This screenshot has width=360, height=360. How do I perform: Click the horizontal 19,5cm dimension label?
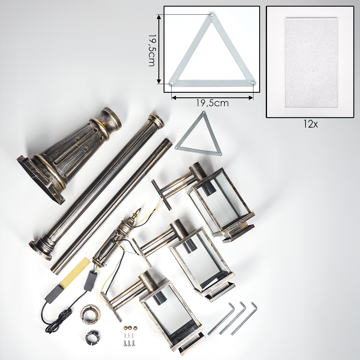(x=212, y=103)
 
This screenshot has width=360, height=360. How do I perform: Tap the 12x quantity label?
(x=310, y=124)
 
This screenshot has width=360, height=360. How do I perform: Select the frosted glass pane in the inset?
(x=311, y=62)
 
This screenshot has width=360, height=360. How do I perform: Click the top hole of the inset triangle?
(x=212, y=15)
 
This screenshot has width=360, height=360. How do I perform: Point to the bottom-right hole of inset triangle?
(x=253, y=83)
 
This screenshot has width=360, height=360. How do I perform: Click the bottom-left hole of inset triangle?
(x=171, y=84)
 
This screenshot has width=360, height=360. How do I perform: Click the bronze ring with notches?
(x=90, y=313)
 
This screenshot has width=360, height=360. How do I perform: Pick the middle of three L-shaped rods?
(x=232, y=318)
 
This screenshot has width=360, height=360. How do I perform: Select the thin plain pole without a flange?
(x=111, y=206)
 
